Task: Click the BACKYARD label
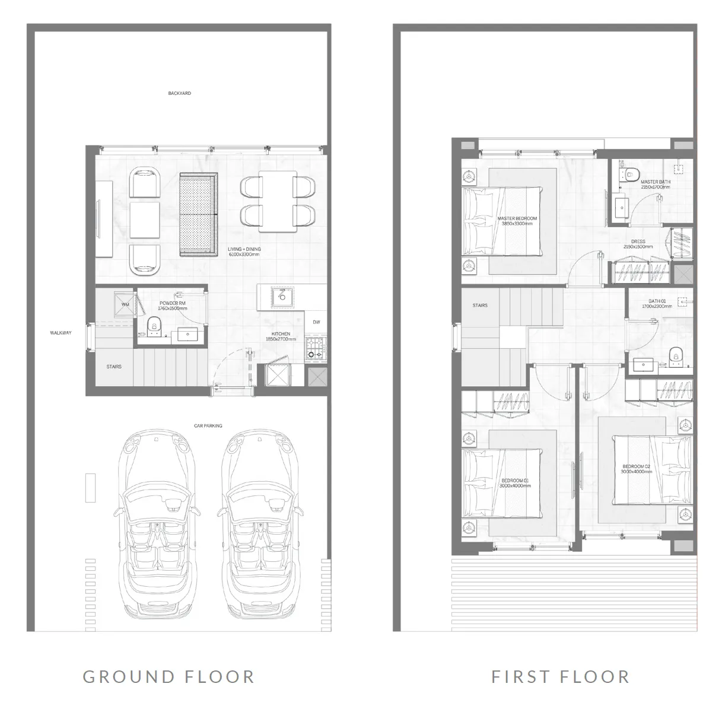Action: tap(179, 94)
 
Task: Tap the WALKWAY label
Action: tap(61, 333)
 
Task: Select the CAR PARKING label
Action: tap(208, 426)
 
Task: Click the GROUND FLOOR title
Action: tap(168, 676)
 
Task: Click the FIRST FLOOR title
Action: tap(560, 676)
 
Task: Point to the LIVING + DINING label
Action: tap(244, 252)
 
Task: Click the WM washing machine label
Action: tap(125, 305)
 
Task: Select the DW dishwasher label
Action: tap(316, 322)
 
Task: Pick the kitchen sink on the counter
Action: tap(281, 295)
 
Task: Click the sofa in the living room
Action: tap(198, 215)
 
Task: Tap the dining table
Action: tap(278, 202)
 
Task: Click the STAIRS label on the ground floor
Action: tap(114, 367)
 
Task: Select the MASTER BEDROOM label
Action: tap(519, 221)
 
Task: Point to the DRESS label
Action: tap(638, 244)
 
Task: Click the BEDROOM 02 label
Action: tap(636, 469)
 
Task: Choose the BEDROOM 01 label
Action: tap(515, 483)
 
